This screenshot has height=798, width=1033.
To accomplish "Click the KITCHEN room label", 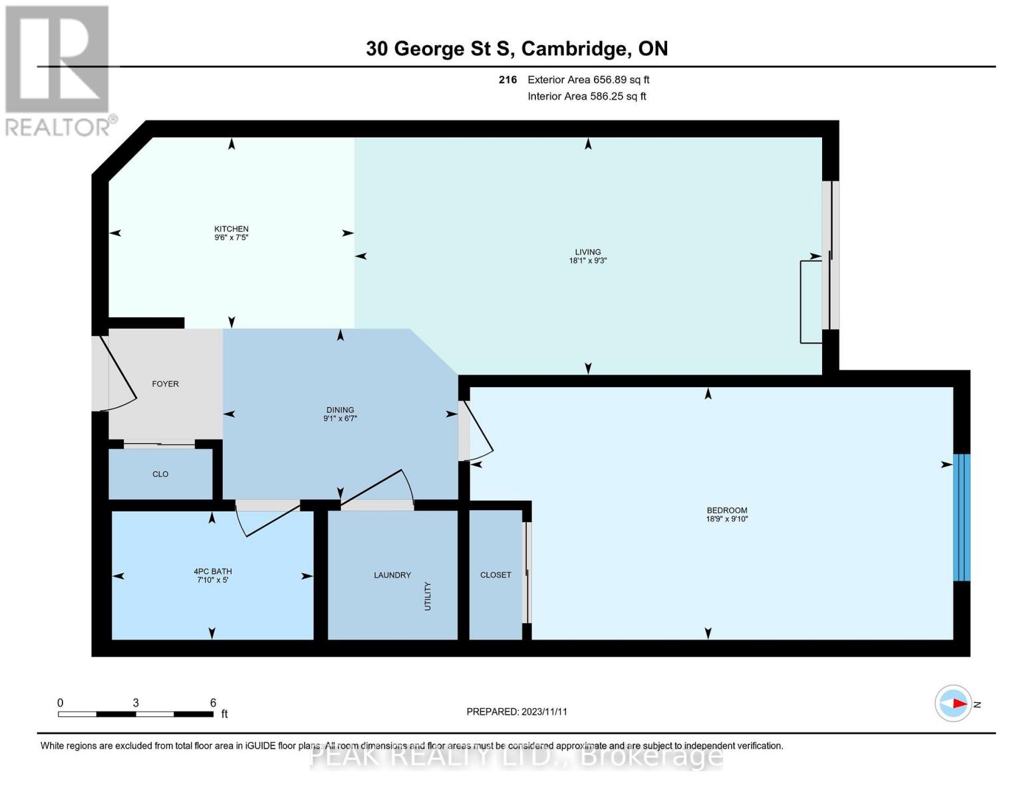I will point(231,229).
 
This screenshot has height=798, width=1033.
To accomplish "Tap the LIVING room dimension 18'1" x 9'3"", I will point(587,261).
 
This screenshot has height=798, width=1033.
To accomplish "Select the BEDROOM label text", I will point(726,510).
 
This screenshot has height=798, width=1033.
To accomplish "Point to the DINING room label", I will point(340,410).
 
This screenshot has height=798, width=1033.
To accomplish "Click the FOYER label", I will point(165,384).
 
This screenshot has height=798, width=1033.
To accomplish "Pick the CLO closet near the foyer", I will point(160,474).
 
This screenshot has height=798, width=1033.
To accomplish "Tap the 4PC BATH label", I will point(213,571).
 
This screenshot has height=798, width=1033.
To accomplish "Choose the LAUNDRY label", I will point(392,575).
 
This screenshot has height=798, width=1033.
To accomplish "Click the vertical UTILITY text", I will point(428,596).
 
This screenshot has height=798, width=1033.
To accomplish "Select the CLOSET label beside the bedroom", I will point(496,575).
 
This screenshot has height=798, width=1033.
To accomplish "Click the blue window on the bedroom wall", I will point(961,517).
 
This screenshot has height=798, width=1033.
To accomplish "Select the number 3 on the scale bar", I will point(136,703).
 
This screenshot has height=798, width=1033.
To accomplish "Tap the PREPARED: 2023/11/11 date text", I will point(516,712).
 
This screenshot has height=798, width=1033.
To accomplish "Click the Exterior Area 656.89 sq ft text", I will point(588,80).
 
